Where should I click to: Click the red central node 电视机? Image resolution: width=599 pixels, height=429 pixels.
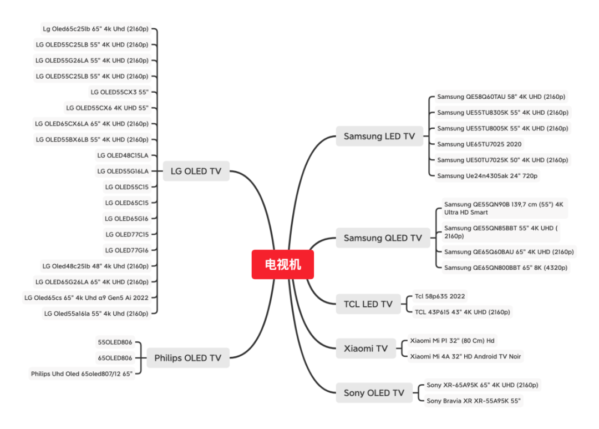[x=282, y=264]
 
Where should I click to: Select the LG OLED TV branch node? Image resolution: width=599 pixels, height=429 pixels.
[x=196, y=171]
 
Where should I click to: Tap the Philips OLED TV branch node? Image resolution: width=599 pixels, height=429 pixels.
[x=187, y=358]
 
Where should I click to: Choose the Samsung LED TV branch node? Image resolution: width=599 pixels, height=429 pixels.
[x=379, y=136]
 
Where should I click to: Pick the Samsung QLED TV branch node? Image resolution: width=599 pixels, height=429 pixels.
[x=382, y=238]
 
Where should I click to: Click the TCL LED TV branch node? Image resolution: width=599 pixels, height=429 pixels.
[x=368, y=304]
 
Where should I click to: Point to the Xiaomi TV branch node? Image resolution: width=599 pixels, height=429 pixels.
[x=366, y=349]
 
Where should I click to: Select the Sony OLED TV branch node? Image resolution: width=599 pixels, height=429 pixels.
[x=374, y=393]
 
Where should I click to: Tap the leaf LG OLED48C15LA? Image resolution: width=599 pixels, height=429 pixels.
[x=123, y=155]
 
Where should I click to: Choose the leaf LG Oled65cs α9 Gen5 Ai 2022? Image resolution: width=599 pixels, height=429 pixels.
[x=87, y=297]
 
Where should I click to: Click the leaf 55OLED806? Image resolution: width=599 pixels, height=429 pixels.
[x=115, y=342]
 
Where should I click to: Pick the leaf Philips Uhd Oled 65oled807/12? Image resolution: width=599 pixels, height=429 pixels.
[x=82, y=374]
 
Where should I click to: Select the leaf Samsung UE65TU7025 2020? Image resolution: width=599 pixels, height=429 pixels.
[x=479, y=144]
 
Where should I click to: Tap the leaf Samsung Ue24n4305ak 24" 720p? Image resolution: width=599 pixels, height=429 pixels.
[x=488, y=176]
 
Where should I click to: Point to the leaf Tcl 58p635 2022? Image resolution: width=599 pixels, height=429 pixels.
[x=440, y=296]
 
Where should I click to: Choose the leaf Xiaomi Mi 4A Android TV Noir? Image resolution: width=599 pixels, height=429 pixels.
[x=465, y=356]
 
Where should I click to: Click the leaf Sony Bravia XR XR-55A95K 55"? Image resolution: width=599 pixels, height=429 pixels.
[x=474, y=401]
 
